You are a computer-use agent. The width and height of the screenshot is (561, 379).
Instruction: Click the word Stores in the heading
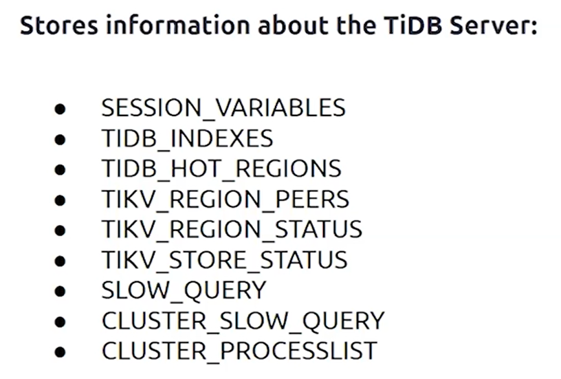click(x=58, y=25)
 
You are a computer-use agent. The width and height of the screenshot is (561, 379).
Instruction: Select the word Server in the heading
click(x=494, y=25)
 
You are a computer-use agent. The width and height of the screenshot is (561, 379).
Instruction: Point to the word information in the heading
click(x=178, y=25)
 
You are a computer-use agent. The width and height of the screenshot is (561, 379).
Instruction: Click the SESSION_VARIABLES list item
click(x=223, y=108)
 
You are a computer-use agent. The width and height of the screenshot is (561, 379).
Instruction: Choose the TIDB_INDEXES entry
click(x=187, y=138)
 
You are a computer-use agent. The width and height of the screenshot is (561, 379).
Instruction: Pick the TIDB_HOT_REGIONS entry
click(x=221, y=169)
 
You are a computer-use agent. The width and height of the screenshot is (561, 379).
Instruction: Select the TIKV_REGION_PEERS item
click(x=225, y=199)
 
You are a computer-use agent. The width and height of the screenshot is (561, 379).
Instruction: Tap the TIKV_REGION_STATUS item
click(x=232, y=229)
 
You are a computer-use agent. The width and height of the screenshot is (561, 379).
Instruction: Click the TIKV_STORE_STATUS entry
click(x=224, y=259)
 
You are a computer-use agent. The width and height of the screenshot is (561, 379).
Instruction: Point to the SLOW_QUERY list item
click(x=184, y=290)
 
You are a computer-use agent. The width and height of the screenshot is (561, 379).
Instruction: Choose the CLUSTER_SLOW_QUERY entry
click(x=243, y=321)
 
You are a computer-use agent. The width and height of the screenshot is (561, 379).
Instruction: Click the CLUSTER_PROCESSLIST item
click(x=239, y=351)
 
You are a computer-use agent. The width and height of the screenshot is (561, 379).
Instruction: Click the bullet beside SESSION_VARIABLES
click(x=60, y=109)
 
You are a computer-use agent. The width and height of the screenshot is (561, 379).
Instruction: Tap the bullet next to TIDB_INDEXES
click(x=60, y=139)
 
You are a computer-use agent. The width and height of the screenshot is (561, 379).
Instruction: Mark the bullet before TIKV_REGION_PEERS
click(x=60, y=200)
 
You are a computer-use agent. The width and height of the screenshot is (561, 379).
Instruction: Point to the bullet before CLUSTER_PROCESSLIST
click(x=60, y=352)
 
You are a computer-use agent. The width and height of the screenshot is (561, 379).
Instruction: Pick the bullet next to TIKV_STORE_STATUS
click(x=60, y=261)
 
